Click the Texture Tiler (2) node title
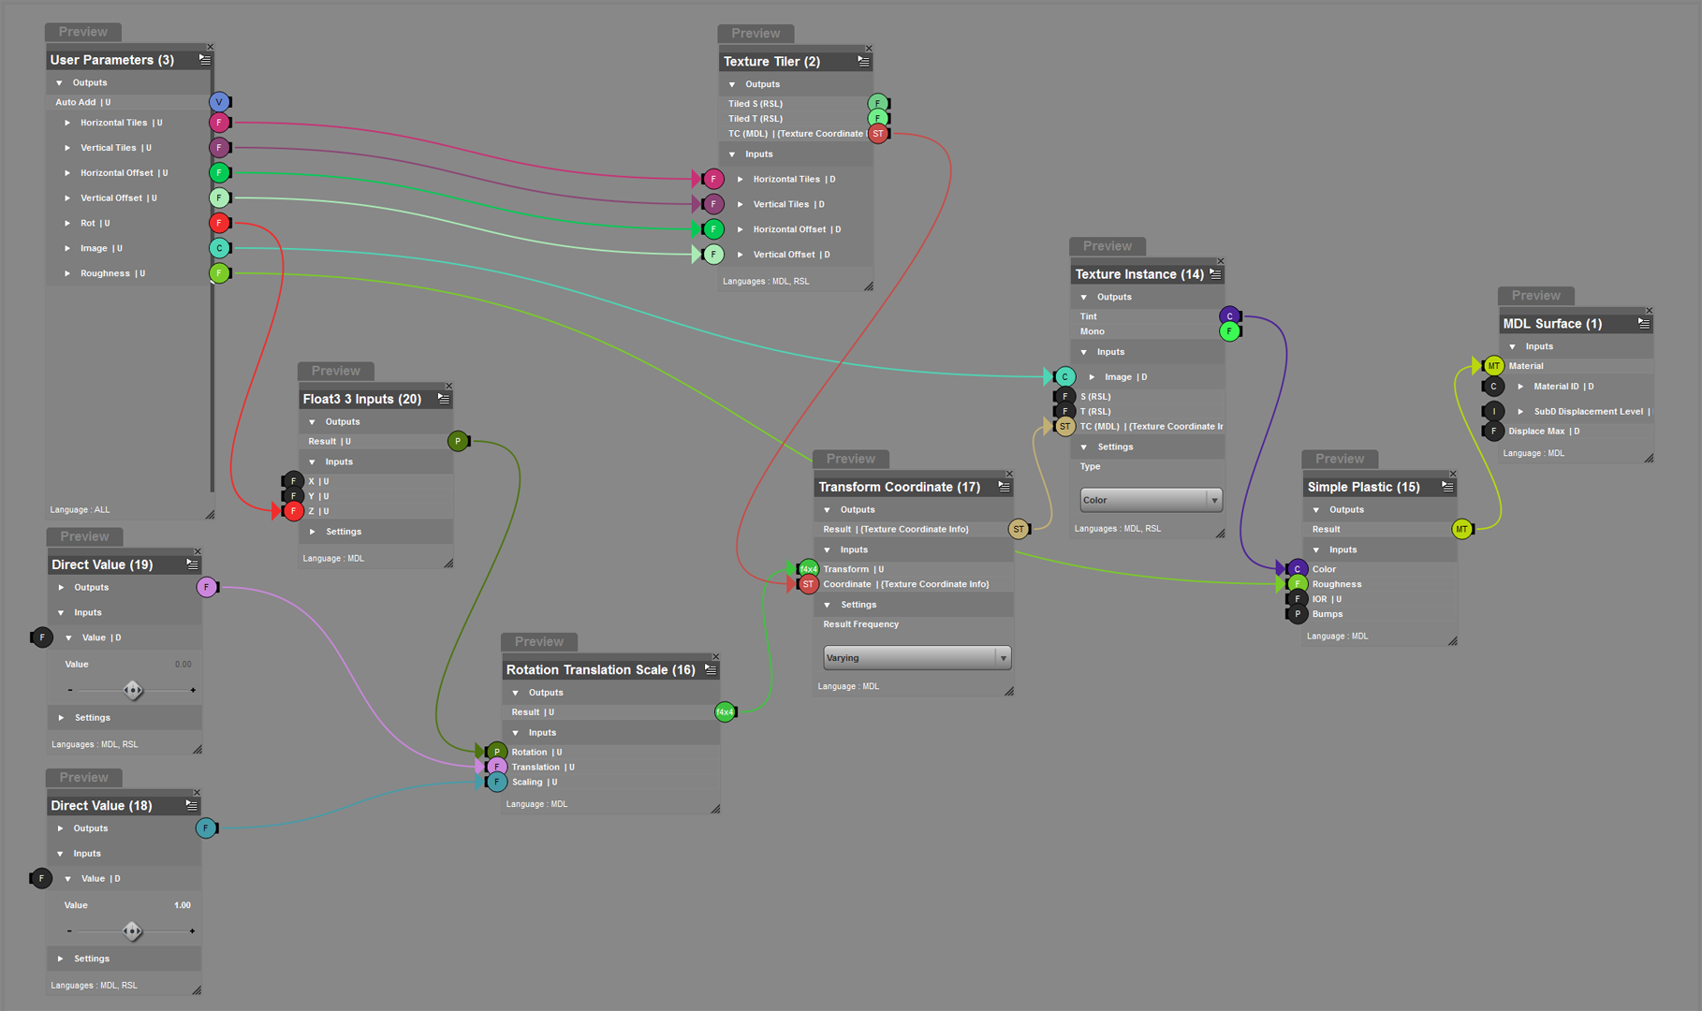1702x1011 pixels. pyautogui.click(x=771, y=62)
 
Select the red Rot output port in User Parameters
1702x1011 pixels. pyautogui.click(x=219, y=223)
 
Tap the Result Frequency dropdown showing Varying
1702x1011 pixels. pyautogui.click(x=917, y=658)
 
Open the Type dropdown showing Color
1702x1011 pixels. pyautogui.click(x=1151, y=500)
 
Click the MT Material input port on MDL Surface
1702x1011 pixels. pyautogui.click(x=1493, y=366)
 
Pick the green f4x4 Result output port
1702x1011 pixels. pyautogui.click(x=725, y=712)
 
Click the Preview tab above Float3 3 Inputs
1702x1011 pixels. pyautogui.click(x=335, y=372)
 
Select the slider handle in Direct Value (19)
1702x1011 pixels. pyautogui.click(x=133, y=691)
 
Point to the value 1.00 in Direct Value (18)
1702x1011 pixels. pyautogui.click(x=183, y=905)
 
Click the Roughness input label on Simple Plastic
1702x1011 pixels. pyautogui.click(x=1336, y=584)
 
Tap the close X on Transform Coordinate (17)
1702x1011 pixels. pyautogui.click(x=1009, y=474)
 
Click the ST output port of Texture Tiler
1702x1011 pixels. pyautogui.click(x=878, y=134)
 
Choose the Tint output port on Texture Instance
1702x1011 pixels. pyautogui.click(x=1230, y=316)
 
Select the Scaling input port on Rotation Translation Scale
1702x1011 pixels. pyautogui.click(x=497, y=783)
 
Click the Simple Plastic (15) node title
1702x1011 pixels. pyautogui.click(x=1363, y=487)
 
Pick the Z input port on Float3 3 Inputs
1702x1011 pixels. pyautogui.click(x=293, y=511)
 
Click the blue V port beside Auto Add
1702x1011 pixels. pyautogui.click(x=219, y=102)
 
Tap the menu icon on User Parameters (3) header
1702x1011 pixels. pyautogui.click(x=205, y=60)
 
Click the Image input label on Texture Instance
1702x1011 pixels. pyautogui.click(x=1118, y=377)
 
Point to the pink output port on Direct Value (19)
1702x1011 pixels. pyautogui.click(x=207, y=588)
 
